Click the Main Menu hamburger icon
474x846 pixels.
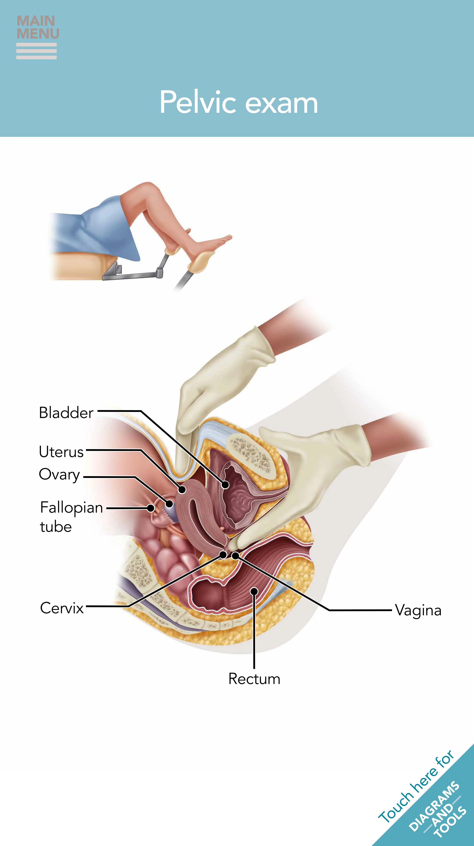(36, 51)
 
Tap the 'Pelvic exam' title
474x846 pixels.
(239, 103)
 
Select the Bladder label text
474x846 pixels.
(66, 413)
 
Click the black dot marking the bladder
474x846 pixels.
(225, 484)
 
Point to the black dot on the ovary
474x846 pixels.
(169, 503)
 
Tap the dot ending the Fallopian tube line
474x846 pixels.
(150, 508)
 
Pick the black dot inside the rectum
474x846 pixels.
(254, 591)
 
